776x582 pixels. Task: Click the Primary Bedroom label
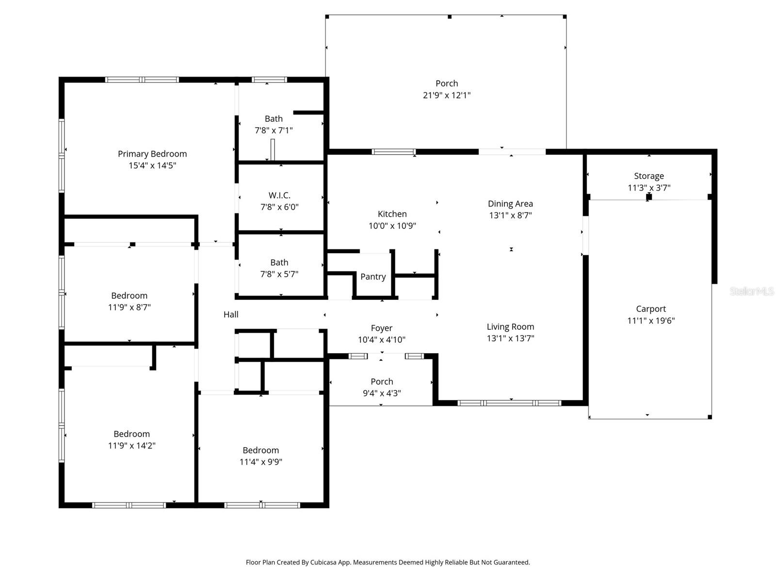152,154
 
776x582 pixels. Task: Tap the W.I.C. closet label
279,195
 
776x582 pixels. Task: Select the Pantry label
373,276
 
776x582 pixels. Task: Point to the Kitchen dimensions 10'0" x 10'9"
392,226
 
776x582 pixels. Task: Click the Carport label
651,309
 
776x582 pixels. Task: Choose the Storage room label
649,176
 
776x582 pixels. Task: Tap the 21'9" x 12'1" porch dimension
447,95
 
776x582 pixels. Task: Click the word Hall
231,314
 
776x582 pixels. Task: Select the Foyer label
382,328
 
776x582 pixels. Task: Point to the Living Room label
510,327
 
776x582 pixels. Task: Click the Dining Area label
510,204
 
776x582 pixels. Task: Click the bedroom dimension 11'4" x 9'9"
261,462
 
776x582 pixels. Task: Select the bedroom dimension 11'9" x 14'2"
131,446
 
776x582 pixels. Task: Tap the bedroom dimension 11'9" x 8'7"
129,307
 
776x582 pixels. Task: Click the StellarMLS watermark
751,291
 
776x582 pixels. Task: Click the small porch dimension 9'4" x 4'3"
382,393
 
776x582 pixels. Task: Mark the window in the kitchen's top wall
394,152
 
